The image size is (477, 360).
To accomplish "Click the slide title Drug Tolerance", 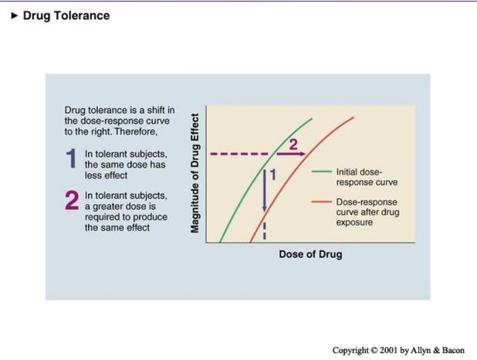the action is click(x=66, y=15).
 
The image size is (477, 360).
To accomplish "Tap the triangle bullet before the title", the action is click(x=14, y=15).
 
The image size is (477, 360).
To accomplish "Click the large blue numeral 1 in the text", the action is click(x=72, y=159).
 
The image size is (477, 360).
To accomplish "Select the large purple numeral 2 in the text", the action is click(x=72, y=201).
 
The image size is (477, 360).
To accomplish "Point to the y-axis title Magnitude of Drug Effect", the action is click(x=195, y=173).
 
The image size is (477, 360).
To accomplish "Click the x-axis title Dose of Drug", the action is click(x=310, y=254).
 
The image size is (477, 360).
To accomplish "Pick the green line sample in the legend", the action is click(x=322, y=172).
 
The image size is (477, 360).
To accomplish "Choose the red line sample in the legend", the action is click(x=322, y=202).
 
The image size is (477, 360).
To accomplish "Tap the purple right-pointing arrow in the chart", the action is click(x=292, y=154).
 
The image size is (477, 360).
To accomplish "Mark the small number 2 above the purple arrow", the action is click(x=293, y=144).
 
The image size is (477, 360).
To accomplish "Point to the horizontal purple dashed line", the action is click(x=235, y=154).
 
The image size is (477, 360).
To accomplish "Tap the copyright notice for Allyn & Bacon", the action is click(x=398, y=350).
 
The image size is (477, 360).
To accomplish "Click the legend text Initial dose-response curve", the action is click(x=359, y=177).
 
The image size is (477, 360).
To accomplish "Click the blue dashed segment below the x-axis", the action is click(x=265, y=231).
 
